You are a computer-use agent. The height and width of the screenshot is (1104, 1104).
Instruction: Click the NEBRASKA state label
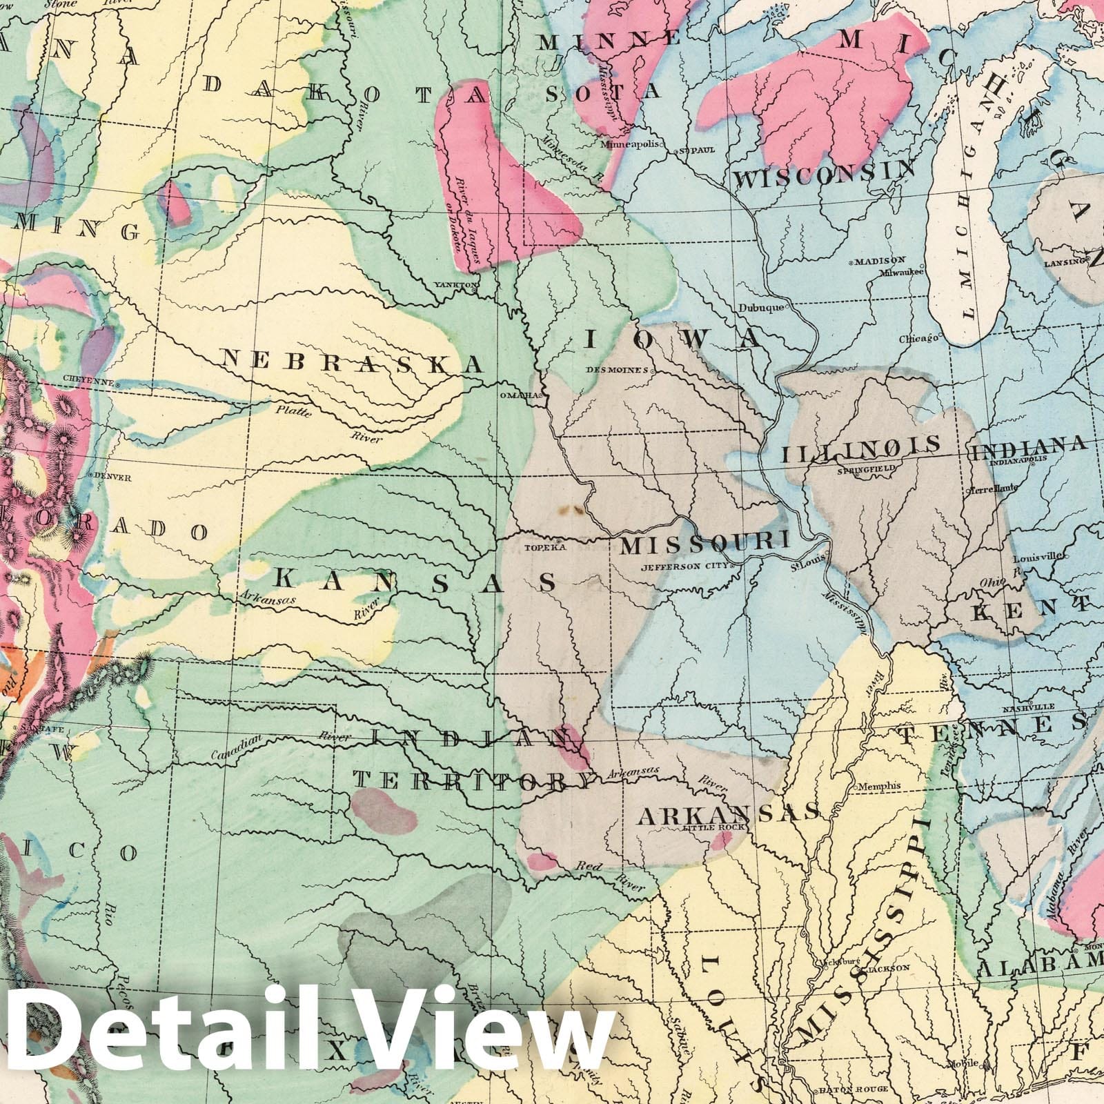pyautogui.click(x=352, y=361)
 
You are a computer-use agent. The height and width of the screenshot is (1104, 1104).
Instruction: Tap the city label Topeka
pyautogui.click(x=545, y=548)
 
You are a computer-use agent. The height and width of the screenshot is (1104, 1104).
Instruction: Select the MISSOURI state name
pyautogui.click(x=704, y=544)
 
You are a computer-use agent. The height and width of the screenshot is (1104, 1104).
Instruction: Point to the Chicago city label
pyautogui.click(x=918, y=339)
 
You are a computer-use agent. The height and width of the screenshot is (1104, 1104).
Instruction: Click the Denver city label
pyautogui.click(x=112, y=476)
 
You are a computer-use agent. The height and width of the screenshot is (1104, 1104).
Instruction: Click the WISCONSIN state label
pyautogui.click(x=825, y=174)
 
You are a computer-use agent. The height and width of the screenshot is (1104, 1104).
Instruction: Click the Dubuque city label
pyautogui.click(x=763, y=307)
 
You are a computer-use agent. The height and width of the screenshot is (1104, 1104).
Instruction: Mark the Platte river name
pyautogui.click(x=294, y=412)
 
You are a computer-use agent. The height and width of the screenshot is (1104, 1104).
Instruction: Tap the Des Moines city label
pyautogui.click(x=616, y=370)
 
